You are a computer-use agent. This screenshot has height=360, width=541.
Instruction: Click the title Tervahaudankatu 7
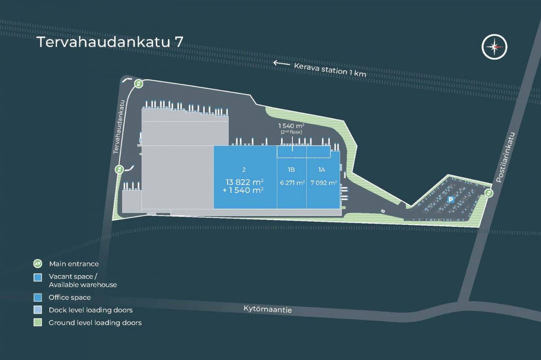110,42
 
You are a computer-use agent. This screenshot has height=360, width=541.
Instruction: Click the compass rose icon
494,47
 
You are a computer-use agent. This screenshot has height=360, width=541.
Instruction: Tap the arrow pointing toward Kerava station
282,63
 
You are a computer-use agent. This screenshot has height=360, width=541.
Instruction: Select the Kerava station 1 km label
330,70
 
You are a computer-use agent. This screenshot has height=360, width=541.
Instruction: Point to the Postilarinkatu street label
505,157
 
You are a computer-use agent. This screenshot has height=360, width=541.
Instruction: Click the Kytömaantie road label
268,309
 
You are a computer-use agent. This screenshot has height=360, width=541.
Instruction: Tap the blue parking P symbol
451,199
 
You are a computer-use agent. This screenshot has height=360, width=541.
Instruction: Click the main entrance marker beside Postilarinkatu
489,193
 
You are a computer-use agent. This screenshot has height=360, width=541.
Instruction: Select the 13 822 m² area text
245,182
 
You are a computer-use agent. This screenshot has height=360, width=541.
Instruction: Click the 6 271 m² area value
292,183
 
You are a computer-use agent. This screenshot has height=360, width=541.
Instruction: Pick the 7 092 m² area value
324,183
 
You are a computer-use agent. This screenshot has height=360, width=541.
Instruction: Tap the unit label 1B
291,170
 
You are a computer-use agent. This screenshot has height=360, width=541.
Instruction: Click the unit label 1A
321,170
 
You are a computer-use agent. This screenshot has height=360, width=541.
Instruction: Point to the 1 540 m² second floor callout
291,128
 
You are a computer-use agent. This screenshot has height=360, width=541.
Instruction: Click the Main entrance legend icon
38,264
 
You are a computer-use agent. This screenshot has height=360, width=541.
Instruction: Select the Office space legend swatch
38,298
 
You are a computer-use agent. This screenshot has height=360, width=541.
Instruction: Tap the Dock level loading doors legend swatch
38,310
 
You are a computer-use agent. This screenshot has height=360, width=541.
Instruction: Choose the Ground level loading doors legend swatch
38,322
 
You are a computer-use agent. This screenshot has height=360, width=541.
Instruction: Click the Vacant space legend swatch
38,277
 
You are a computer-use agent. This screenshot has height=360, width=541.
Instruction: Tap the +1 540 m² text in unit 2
243,190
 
